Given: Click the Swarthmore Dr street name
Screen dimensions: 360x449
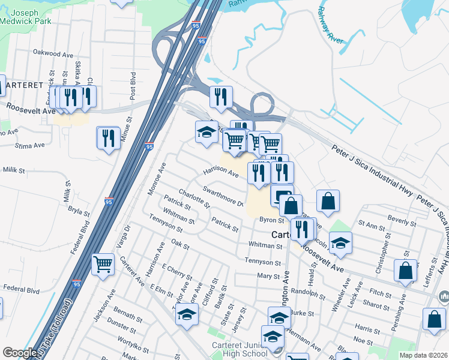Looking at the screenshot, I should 223,196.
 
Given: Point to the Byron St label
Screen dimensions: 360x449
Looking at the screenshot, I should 271,220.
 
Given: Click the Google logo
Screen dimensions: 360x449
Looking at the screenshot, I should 19,353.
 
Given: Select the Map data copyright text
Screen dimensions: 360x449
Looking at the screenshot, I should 424,355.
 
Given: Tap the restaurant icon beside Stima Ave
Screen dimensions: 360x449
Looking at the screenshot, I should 108,137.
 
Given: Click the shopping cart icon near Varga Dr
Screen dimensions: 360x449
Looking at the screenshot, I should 103,263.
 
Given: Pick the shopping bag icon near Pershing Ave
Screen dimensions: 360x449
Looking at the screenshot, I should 405,270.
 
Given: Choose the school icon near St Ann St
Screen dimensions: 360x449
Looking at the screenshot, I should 340,242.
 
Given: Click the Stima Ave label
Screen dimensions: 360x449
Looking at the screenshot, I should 30,145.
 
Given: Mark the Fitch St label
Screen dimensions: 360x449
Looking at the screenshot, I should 381,293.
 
